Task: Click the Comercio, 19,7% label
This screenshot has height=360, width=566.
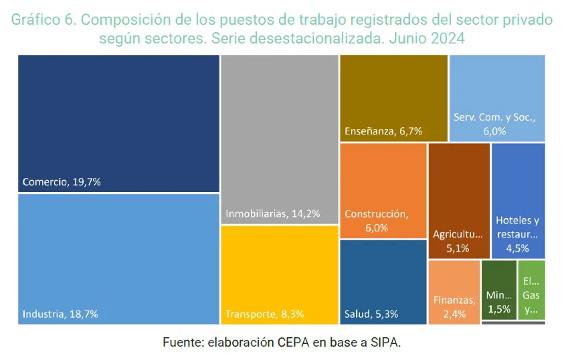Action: pos(62,182)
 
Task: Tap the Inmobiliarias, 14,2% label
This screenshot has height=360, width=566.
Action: pos(273,214)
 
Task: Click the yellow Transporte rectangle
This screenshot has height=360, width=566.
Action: pos(279,274)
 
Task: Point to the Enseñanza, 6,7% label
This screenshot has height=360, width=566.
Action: pos(383,131)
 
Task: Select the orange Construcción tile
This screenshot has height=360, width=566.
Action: pos(383,190)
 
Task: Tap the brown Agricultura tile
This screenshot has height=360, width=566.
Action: pos(458,200)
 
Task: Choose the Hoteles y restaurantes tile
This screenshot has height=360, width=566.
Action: pos(518,200)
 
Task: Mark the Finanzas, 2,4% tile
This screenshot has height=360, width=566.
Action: pos(454,292)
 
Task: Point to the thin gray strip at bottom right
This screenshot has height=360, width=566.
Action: pos(513,323)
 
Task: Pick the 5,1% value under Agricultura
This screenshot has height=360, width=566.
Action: pos(458,248)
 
